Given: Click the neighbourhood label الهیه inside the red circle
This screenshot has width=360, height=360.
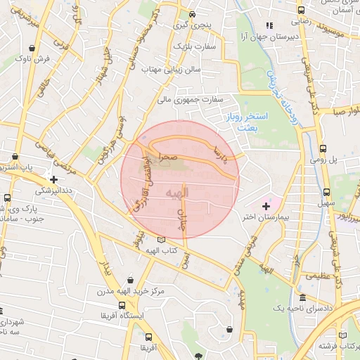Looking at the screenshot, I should click(175, 192).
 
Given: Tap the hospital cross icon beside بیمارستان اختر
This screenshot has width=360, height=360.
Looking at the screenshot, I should click(266, 205).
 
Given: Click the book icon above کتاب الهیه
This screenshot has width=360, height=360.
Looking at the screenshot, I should click(163, 240).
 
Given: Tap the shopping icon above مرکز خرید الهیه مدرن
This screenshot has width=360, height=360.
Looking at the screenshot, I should click(131, 279).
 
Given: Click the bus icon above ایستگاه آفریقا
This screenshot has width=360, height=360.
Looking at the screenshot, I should click(122, 306).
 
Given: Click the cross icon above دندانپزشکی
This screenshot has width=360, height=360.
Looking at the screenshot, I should click(53, 179).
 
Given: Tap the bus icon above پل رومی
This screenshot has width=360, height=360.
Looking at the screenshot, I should click(323, 148).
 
